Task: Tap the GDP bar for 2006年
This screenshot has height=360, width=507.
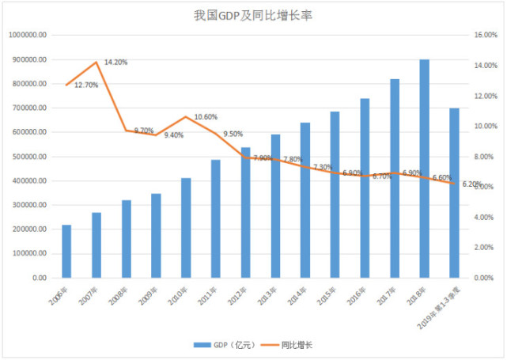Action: [x=66, y=252]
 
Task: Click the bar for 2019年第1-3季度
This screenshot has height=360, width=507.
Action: [x=454, y=193]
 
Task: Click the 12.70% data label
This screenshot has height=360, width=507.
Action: [x=86, y=85]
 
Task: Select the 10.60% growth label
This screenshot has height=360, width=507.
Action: [x=206, y=117]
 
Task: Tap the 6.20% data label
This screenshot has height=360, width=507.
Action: [x=471, y=184]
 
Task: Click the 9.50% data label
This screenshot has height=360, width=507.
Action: [x=233, y=135]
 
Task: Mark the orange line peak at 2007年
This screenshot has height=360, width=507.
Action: [x=96, y=62]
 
